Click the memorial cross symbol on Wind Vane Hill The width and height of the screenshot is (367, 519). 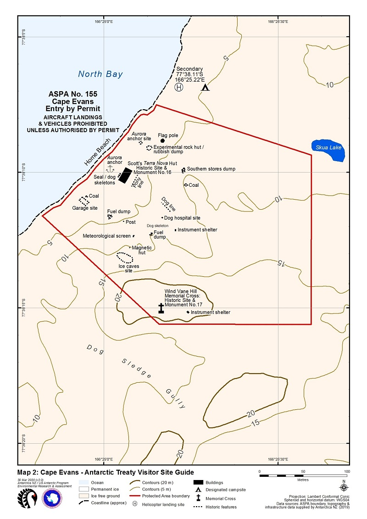click(161, 308)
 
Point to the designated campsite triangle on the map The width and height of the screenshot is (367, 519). click(206, 87)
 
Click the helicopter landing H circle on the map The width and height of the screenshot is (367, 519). click(179, 87)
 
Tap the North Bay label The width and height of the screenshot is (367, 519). click(100, 74)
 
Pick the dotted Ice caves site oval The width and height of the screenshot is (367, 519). click(125, 257)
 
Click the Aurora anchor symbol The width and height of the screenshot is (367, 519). click(109, 169)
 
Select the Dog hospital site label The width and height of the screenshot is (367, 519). click(182, 218)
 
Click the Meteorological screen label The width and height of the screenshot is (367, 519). click(107, 236)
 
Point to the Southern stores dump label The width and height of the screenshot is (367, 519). click(211, 169)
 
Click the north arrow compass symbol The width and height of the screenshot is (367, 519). click(344, 486)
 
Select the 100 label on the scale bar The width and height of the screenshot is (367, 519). click(347, 471)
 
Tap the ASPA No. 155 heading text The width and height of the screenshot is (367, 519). click(73, 94)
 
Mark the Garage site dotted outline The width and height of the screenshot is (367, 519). click(84, 201)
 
